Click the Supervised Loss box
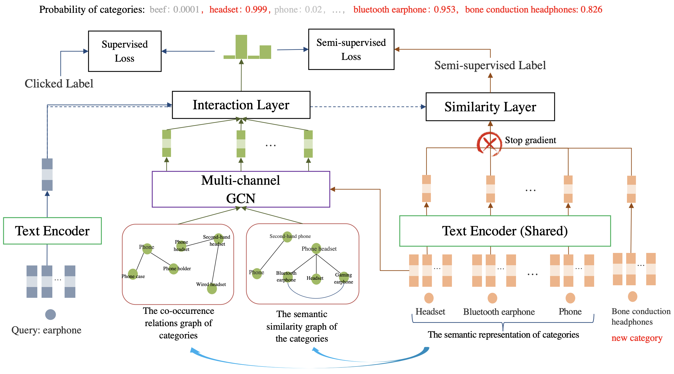coord(125,51)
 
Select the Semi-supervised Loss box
coord(351,49)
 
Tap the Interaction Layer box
coord(241,105)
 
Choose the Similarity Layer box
coord(490,107)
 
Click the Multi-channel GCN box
coord(241,189)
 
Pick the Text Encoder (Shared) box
coord(505,231)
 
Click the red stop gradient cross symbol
coord(489,144)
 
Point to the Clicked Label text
coord(59,84)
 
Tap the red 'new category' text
coord(637,338)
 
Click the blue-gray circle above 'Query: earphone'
coord(51,315)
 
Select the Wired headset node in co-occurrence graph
coord(212,289)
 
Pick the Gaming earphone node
coord(344,277)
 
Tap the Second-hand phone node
coord(287,237)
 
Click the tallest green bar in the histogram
coord(241,47)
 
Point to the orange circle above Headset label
coord(429,298)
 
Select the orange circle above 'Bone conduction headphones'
coord(632,297)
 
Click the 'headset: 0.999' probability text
coord(238,10)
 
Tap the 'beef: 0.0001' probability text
coord(175,10)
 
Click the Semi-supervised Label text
coord(490,65)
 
